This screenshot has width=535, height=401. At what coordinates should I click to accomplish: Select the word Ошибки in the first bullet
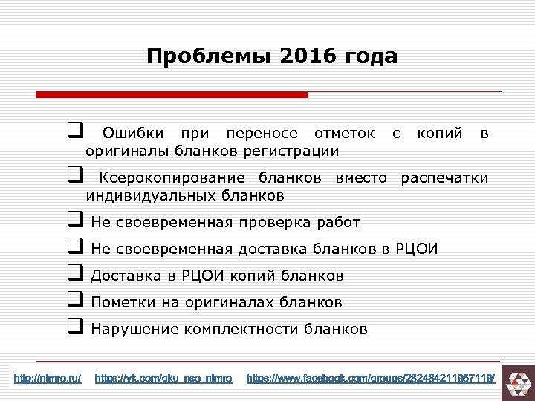[129, 134]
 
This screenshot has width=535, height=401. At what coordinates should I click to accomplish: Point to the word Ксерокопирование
[172, 178]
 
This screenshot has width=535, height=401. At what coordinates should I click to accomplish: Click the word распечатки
[444, 178]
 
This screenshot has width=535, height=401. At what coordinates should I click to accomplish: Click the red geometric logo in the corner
[517, 380]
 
